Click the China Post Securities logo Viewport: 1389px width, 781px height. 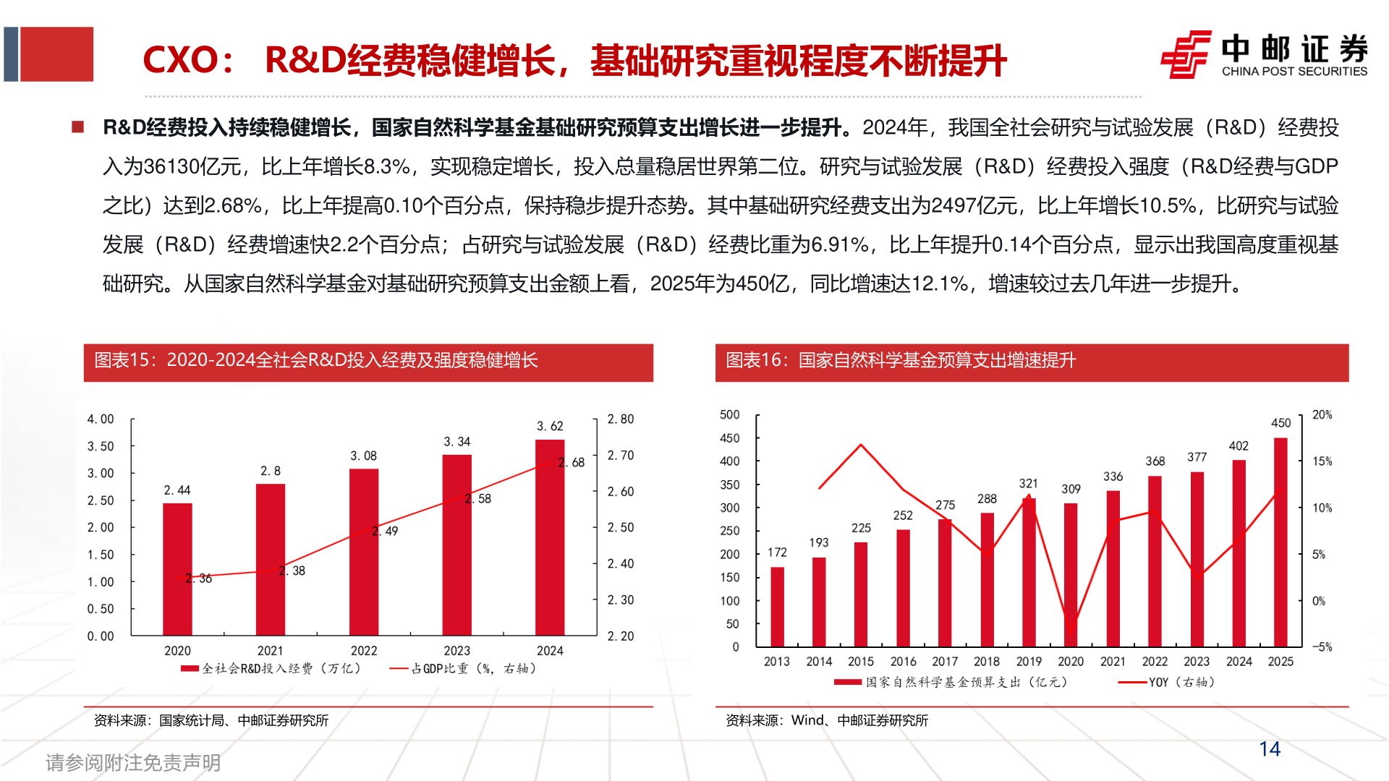click(1263, 54)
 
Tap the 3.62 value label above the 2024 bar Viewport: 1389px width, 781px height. click(550, 426)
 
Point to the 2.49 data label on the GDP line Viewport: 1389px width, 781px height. click(386, 532)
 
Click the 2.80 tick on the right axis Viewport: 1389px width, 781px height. click(621, 419)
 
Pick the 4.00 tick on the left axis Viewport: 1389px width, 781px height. click(101, 419)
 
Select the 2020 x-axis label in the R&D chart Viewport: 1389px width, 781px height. click(177, 651)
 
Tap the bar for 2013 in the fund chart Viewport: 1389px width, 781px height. click(777, 607)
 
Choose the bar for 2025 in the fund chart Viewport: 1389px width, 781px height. click(1280, 542)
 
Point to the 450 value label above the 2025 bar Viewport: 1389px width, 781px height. click(1281, 423)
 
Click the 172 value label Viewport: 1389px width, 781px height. click(777, 552)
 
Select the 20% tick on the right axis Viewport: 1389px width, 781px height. click(1322, 415)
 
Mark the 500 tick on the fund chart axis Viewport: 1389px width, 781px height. click(730, 415)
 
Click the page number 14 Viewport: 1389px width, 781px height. click(1270, 749)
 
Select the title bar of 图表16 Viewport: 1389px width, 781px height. click(1032, 362)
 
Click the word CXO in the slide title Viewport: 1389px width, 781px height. click(180, 60)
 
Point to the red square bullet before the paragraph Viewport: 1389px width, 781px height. click(78, 128)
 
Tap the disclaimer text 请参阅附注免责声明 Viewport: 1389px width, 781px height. click(133, 762)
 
